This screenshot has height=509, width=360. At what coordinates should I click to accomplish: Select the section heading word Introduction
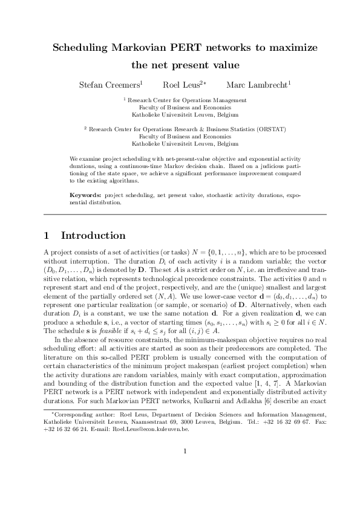point(93,236)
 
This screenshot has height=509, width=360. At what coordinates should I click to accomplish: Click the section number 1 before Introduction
point(48,236)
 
